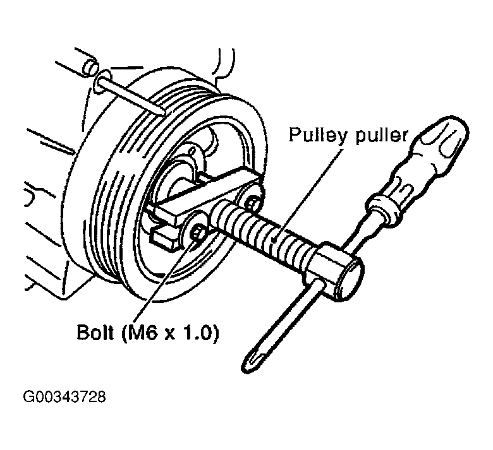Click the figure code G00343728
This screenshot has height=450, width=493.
point(64,396)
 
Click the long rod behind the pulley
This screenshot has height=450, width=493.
point(132,95)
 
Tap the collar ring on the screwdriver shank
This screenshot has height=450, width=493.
point(382,208)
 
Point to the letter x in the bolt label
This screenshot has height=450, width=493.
point(169,334)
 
